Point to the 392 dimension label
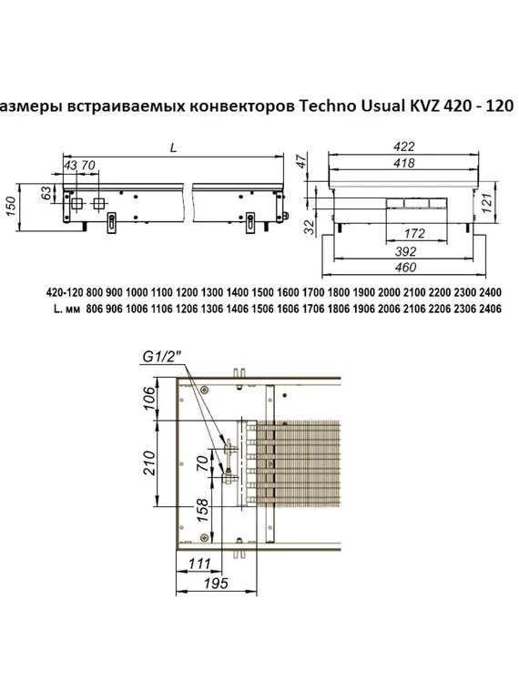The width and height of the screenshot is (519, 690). click(406, 251)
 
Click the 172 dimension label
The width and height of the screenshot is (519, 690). click(414, 235)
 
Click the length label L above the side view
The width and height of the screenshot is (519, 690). click(173, 146)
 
